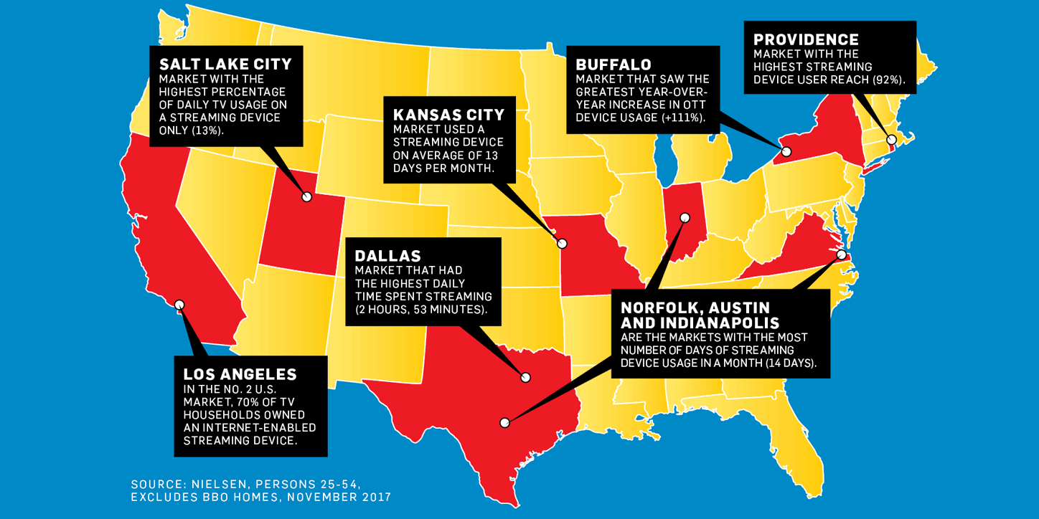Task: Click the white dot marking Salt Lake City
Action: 307,196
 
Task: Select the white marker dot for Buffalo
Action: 786,151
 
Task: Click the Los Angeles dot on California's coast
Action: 179,305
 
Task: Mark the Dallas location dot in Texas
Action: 525,376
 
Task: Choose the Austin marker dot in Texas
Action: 505,423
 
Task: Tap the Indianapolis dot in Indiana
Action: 685,217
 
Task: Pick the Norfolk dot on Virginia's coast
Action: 841,254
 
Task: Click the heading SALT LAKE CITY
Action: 225,65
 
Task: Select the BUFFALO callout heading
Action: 613,65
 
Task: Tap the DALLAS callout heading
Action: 387,256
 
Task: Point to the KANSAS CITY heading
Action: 448,115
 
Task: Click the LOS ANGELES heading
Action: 240,374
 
